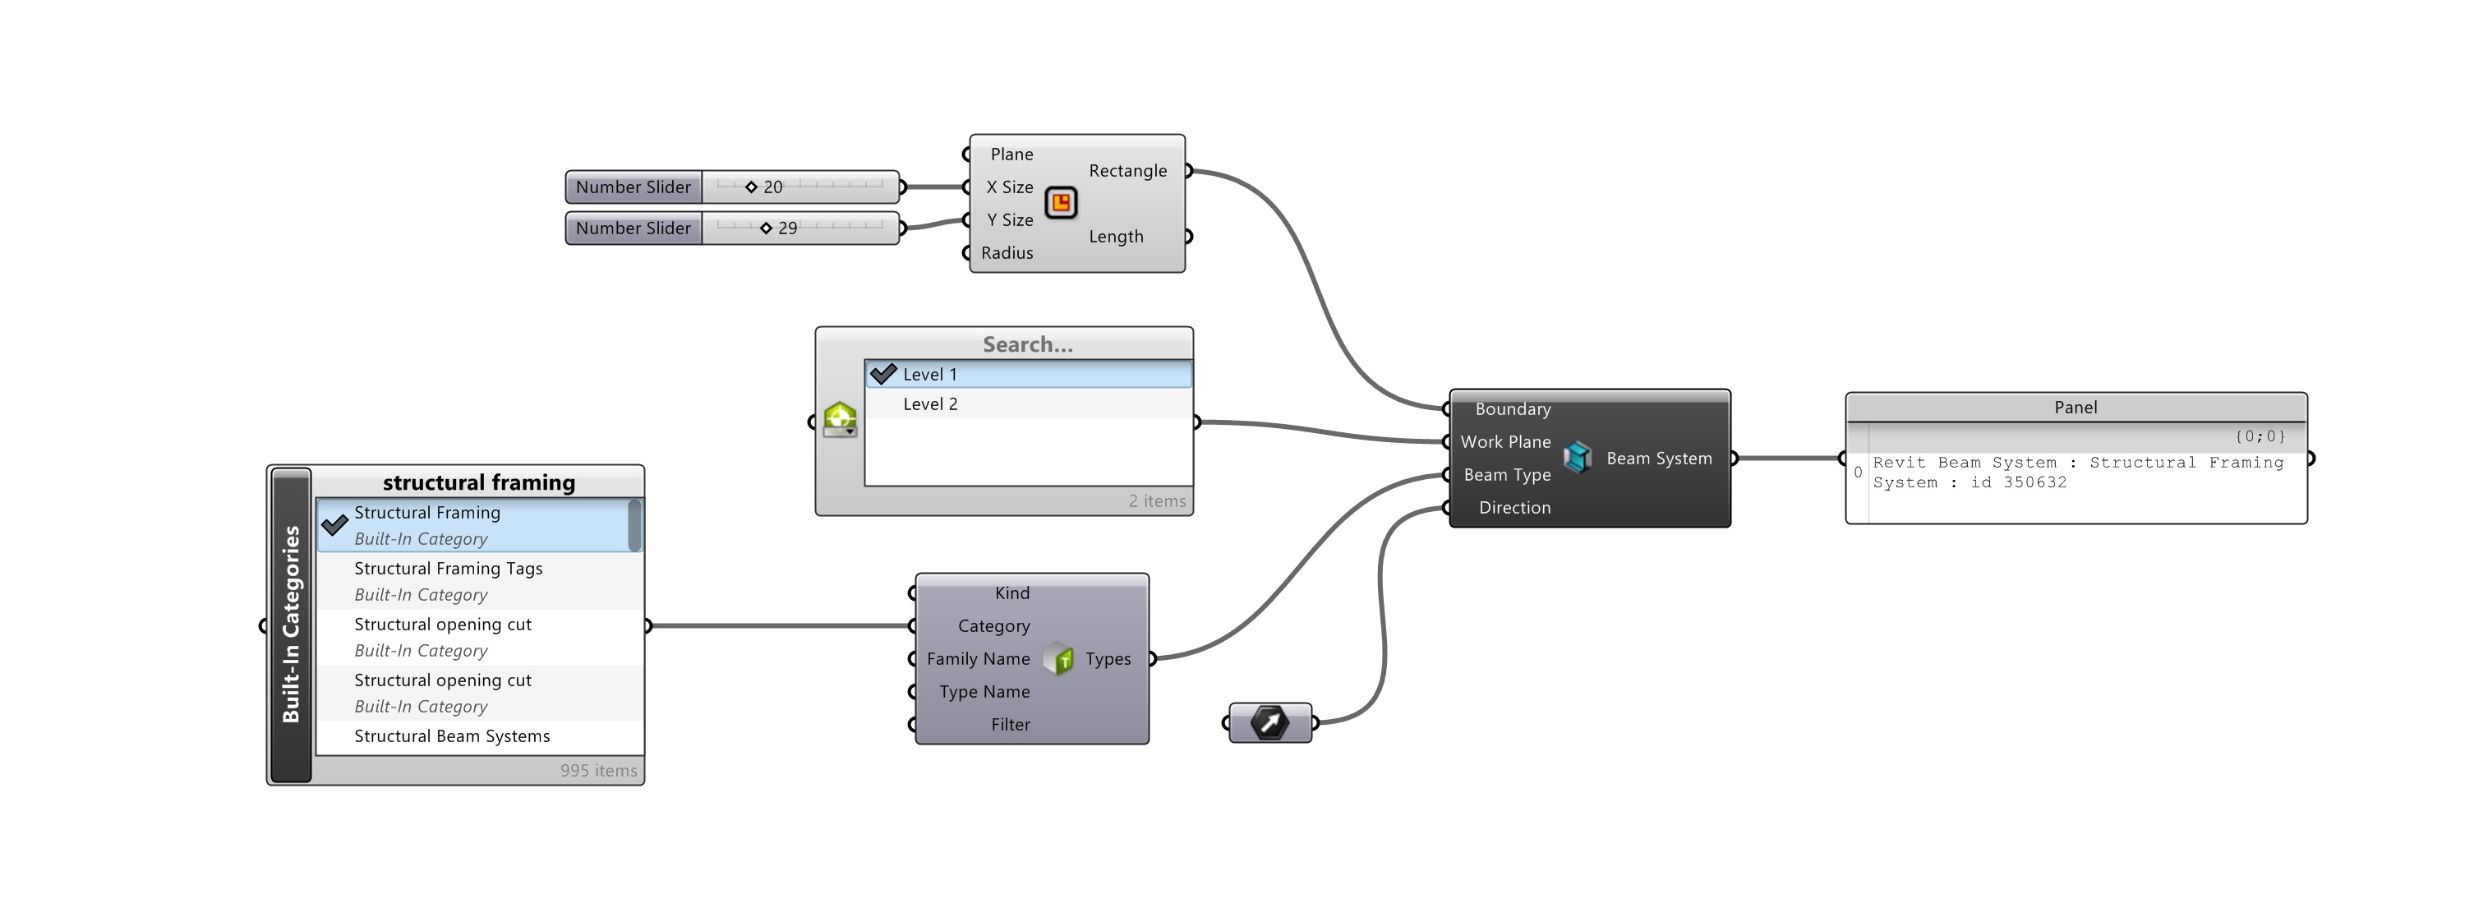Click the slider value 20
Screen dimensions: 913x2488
click(x=772, y=187)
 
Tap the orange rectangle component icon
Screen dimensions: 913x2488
click(x=1061, y=203)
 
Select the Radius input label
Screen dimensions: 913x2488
click(x=1007, y=253)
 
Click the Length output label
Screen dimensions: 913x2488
click(x=1116, y=237)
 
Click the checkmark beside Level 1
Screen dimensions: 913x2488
click(x=882, y=374)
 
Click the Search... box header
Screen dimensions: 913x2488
click(x=1027, y=345)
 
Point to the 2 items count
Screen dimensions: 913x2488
click(x=1156, y=501)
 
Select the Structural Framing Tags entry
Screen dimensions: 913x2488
click(x=448, y=569)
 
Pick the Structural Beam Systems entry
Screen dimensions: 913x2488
click(x=452, y=736)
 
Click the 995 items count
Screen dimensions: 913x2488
click(x=598, y=771)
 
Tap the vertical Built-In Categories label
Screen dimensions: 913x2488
click(x=291, y=624)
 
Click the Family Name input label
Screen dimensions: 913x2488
click(x=978, y=659)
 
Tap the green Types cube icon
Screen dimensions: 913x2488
click(x=1059, y=659)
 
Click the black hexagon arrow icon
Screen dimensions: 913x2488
click(x=1269, y=722)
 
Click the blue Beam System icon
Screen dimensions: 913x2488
click(x=1578, y=458)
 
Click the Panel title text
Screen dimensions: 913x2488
click(x=2075, y=408)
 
